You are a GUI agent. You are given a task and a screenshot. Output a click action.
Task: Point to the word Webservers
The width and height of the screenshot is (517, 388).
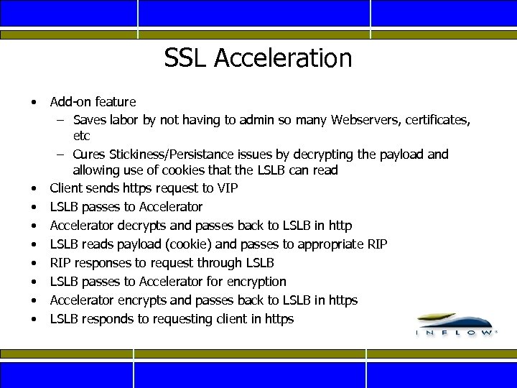pos(365,120)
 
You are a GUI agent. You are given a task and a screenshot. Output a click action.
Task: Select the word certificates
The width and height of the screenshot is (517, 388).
pos(440,120)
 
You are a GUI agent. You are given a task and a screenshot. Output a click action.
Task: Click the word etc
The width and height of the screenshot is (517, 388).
pos(81,136)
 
